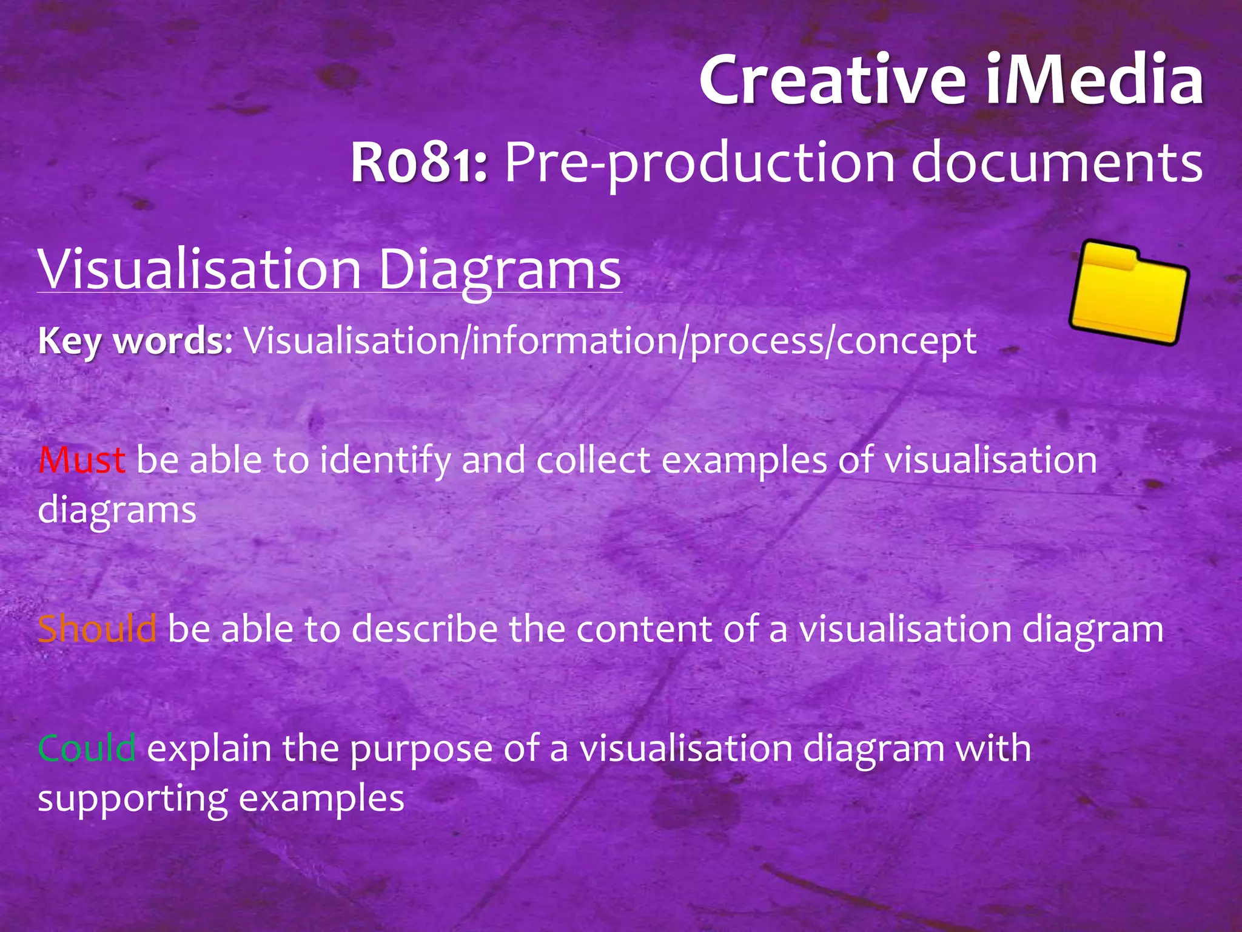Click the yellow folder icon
pyautogui.click(x=1128, y=293)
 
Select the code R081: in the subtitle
pyautogui.click(x=419, y=163)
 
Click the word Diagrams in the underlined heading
pyautogui.click(x=500, y=270)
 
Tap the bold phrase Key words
pyautogui.click(x=131, y=341)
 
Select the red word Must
pyautogui.click(x=82, y=460)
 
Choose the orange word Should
pyautogui.click(x=97, y=629)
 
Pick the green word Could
pyautogui.click(x=87, y=748)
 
